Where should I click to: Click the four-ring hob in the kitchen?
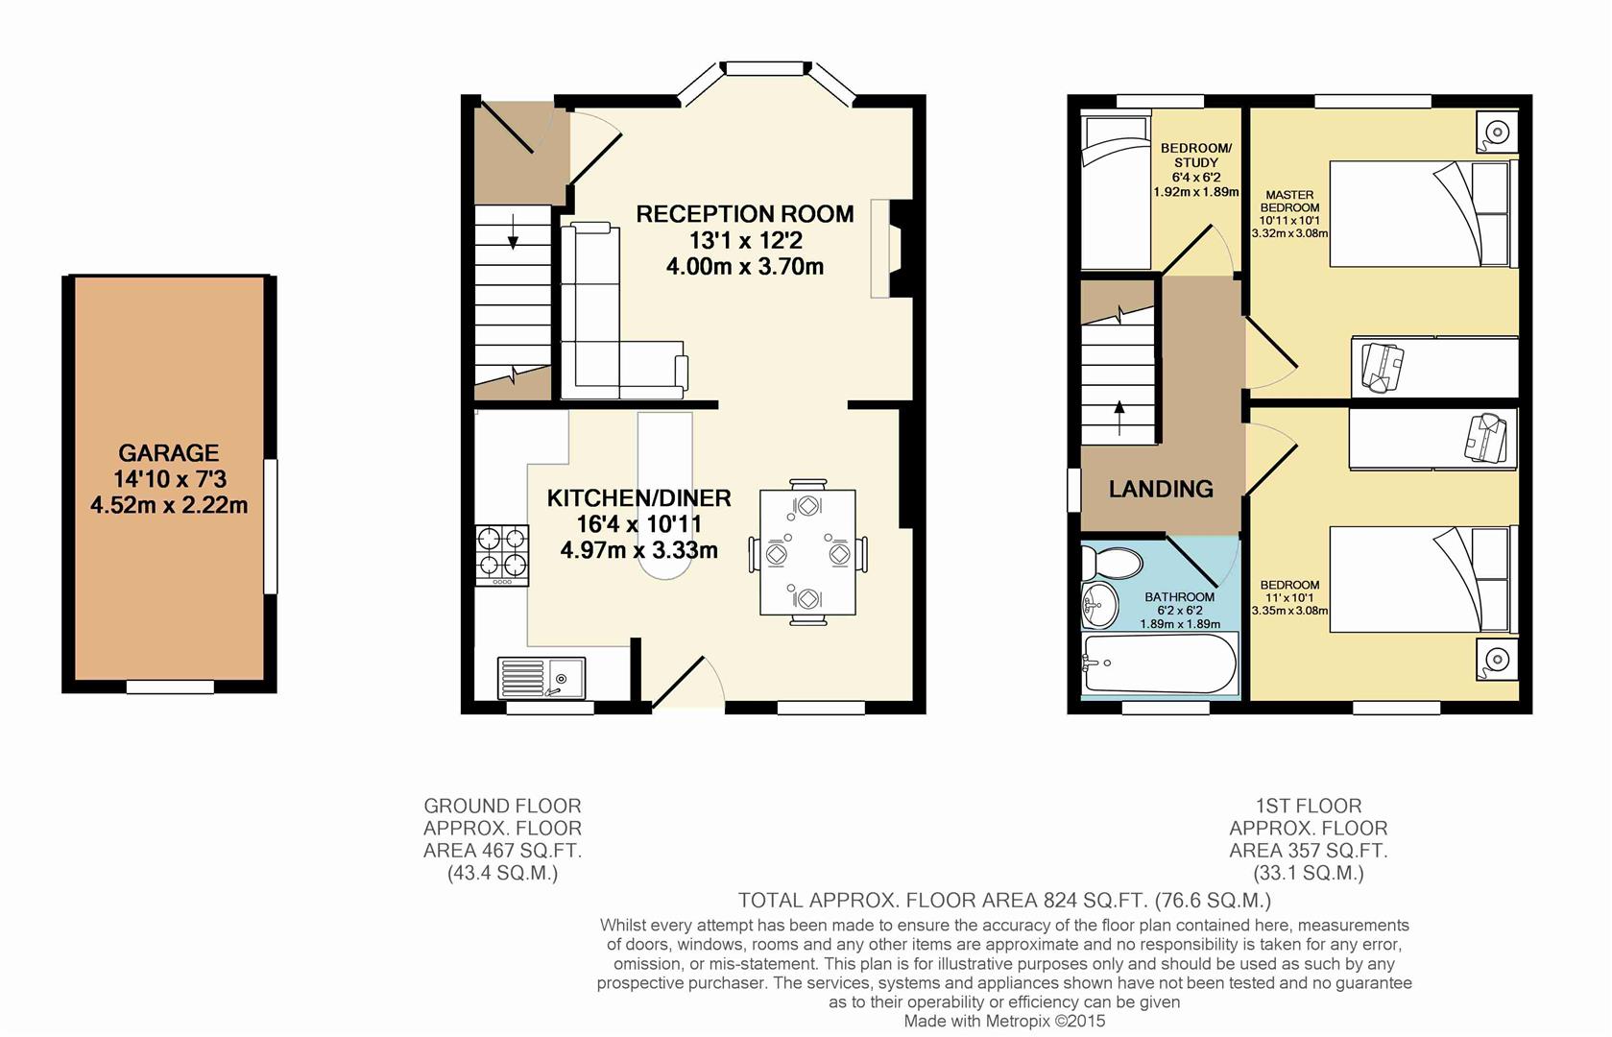[x=502, y=554]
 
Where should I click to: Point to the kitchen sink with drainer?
[x=541, y=678]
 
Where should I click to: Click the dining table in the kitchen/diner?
[x=807, y=553]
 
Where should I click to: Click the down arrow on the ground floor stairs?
[x=513, y=231]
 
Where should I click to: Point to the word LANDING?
[x=1161, y=489]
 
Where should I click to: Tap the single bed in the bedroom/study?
[x=1116, y=192]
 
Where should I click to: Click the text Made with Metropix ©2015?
[x=1004, y=1022]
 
